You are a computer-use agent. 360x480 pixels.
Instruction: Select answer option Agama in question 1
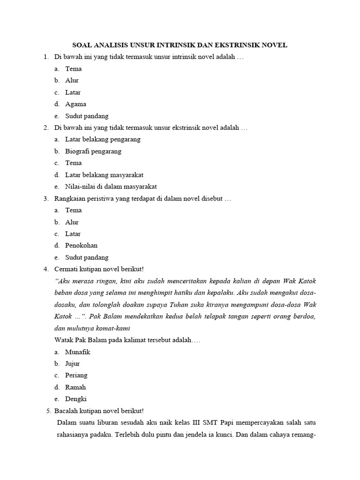coord(75,104)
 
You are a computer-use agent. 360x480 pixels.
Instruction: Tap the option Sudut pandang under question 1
coord(87,116)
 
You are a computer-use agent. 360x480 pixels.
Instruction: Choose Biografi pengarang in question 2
coord(93,151)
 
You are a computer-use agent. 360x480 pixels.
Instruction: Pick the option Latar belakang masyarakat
coord(104,175)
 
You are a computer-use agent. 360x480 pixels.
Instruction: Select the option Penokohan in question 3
coord(81,245)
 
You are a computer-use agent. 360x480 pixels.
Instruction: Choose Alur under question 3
coord(72,222)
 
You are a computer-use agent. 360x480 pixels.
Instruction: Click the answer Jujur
coord(73,363)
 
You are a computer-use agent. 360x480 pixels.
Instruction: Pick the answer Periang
coord(76,375)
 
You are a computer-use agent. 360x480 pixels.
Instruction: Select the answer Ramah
coord(75,387)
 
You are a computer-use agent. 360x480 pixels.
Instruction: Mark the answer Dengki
coord(76,399)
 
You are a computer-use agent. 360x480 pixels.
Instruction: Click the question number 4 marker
coord(46,269)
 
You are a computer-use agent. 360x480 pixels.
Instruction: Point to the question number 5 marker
coord(49,411)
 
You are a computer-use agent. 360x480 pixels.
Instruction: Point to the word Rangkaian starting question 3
coord(69,198)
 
